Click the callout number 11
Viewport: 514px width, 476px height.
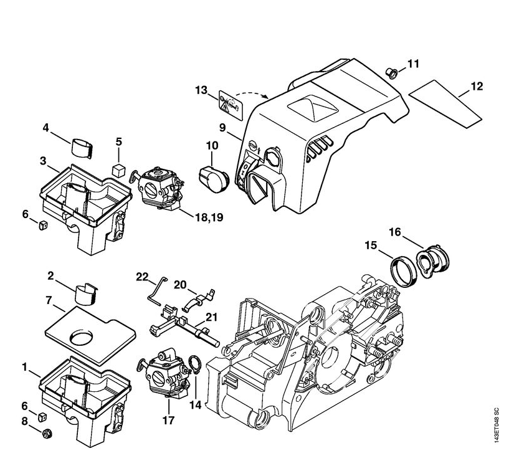(x=413, y=64)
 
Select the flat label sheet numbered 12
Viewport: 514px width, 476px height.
(x=445, y=104)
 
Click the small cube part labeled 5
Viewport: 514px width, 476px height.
(x=118, y=171)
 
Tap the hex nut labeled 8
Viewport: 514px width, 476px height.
(x=47, y=434)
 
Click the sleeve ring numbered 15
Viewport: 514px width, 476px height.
(x=402, y=271)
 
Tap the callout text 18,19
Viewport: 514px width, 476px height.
(x=209, y=217)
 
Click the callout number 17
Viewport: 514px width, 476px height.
(x=169, y=420)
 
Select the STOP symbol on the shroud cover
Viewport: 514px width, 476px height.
(x=253, y=145)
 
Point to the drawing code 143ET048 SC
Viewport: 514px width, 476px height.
(x=497, y=425)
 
